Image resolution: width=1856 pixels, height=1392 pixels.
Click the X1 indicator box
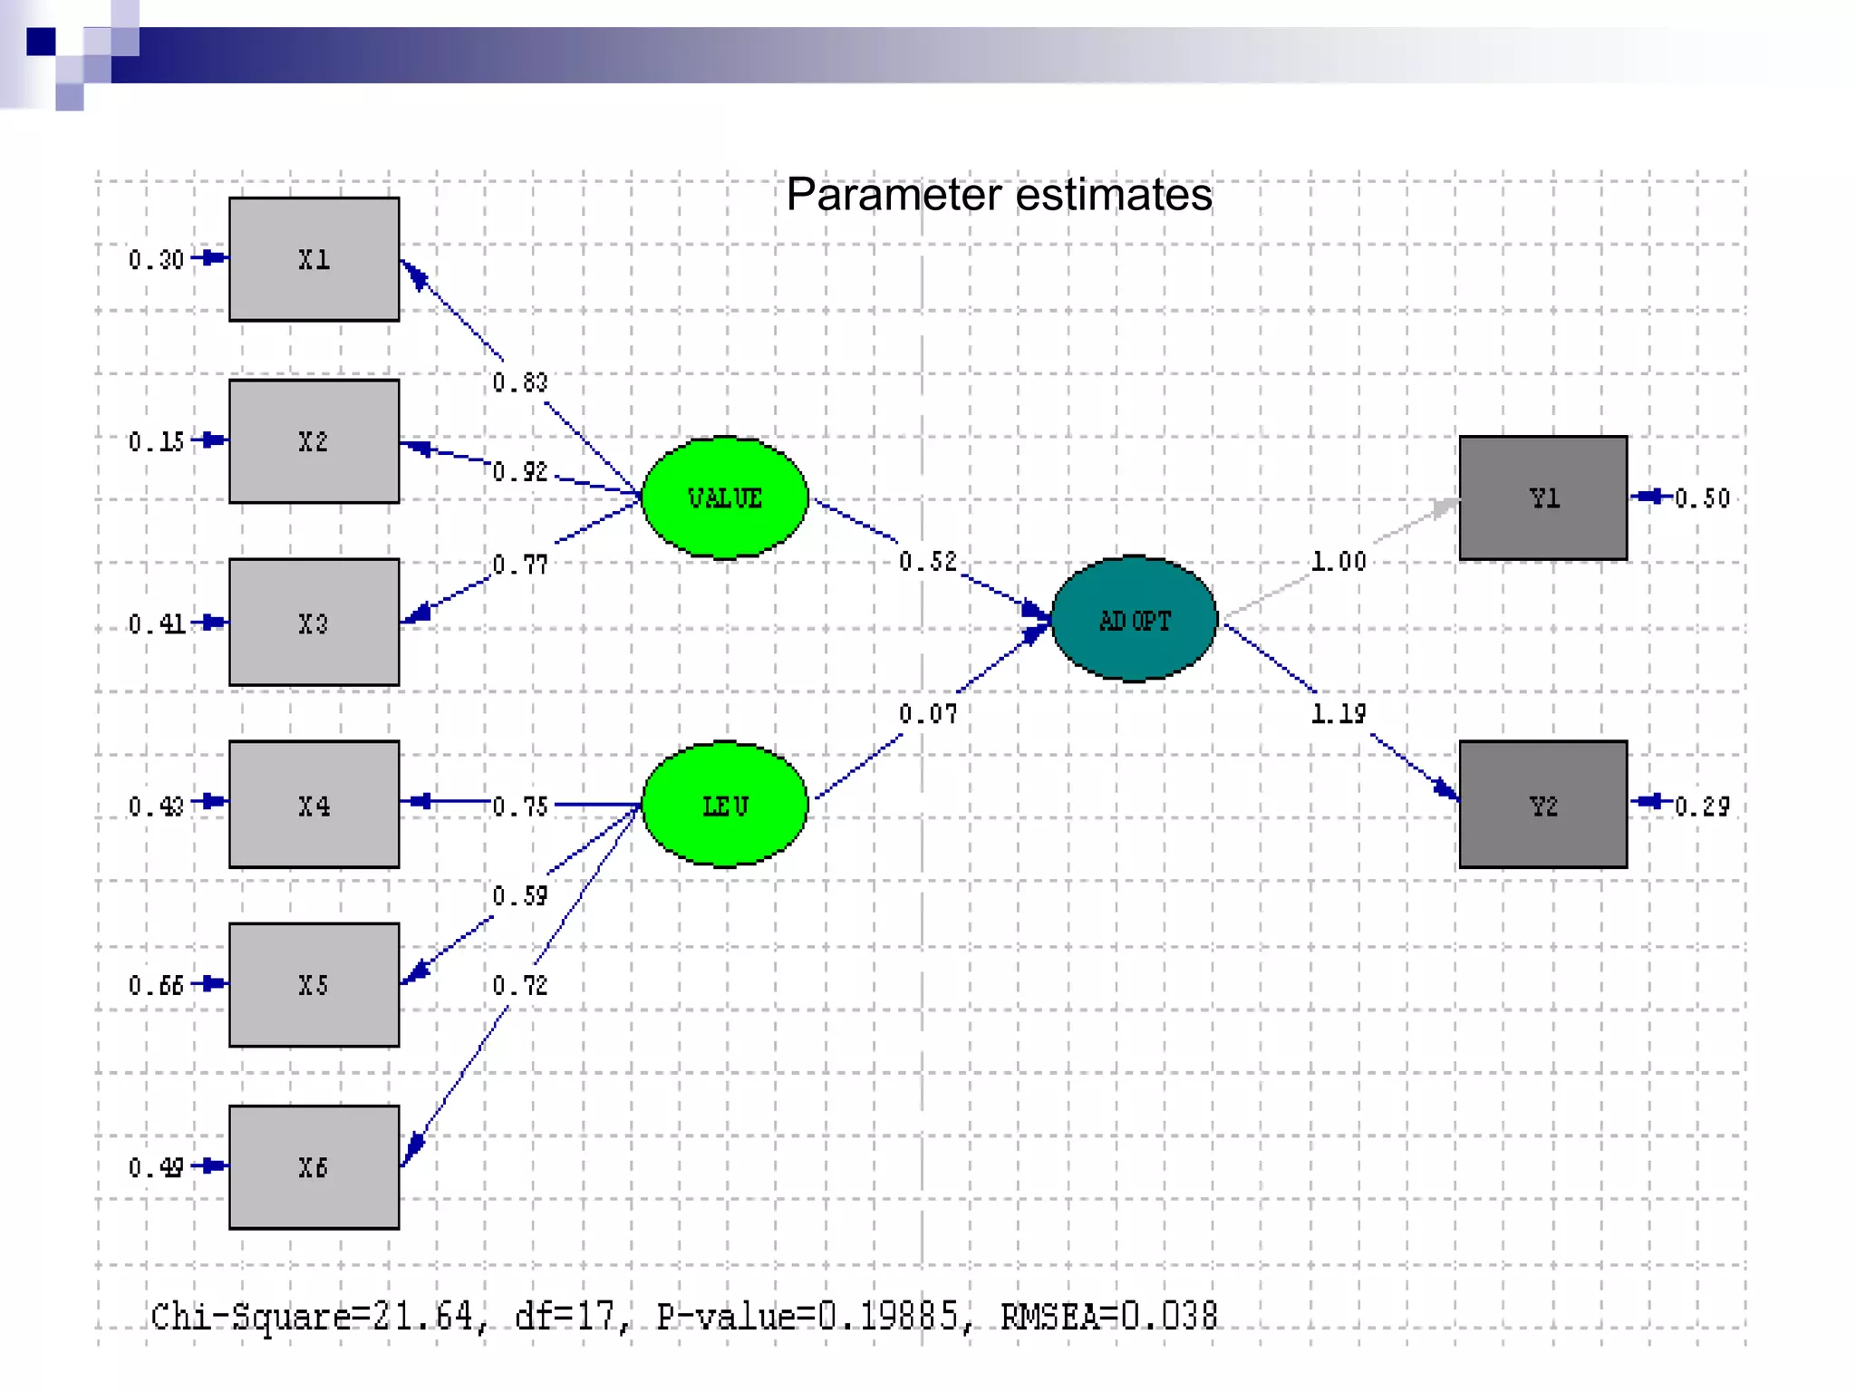pos(314,259)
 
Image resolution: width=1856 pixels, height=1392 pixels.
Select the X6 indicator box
pos(314,1167)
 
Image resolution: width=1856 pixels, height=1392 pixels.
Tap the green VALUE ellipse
pos(724,498)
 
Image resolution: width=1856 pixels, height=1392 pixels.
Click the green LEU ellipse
pos(724,805)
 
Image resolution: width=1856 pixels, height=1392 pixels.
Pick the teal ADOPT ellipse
pos(1134,620)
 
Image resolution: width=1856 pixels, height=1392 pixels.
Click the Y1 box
pos(1542,498)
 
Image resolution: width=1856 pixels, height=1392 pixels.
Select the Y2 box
pos(1542,805)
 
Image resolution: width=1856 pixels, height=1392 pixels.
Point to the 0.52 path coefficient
pos(927,562)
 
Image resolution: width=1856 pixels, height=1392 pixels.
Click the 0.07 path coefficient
pos(927,714)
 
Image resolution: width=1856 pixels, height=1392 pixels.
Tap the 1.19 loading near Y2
pos(1338,714)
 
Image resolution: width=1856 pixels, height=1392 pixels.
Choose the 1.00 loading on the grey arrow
pos(1338,562)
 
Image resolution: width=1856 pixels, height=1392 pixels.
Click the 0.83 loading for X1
pos(520,382)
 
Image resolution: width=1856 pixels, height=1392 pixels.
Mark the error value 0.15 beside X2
pos(156,442)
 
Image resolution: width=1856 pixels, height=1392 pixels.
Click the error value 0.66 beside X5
pos(156,985)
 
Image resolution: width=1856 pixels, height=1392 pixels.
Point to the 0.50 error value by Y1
pos(1702,498)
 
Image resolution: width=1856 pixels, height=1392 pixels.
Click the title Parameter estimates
pos(999,195)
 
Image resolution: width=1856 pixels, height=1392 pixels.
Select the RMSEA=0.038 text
pos(1108,1316)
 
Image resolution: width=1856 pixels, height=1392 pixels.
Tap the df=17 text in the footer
pos(565,1316)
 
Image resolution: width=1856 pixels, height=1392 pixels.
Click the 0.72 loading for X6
pos(520,985)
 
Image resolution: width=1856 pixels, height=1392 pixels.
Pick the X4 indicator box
pos(314,805)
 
